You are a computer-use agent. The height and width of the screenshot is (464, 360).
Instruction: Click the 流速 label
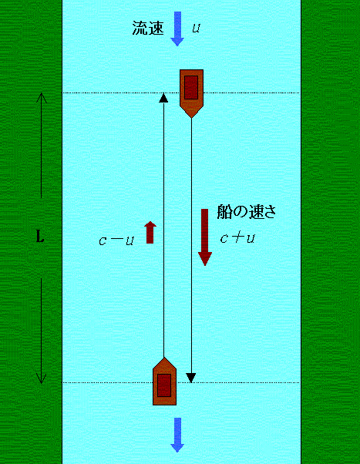pyautogui.click(x=148, y=28)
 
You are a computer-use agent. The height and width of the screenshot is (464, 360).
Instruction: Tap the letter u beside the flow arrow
pyautogui.click(x=196, y=28)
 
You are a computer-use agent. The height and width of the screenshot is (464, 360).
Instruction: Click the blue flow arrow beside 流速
pyautogui.click(x=177, y=29)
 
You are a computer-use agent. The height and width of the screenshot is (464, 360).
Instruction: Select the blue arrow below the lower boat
pyautogui.click(x=177, y=435)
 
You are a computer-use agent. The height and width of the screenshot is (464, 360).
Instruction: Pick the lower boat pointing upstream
pyautogui.click(x=164, y=381)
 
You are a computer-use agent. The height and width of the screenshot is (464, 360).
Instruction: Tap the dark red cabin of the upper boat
pyautogui.click(x=191, y=87)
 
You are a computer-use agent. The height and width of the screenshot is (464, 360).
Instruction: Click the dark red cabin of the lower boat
pyautogui.click(x=164, y=385)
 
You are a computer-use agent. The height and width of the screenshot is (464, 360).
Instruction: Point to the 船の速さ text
pyautogui.click(x=247, y=212)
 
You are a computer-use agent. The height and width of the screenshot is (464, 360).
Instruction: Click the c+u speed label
pyautogui.click(x=237, y=238)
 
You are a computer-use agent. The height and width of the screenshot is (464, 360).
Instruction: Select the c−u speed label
pyautogui.click(x=116, y=240)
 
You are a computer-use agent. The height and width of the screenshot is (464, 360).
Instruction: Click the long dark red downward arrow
pyautogui.click(x=204, y=237)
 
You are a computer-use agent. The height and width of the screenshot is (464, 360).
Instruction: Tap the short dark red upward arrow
pyautogui.click(x=150, y=232)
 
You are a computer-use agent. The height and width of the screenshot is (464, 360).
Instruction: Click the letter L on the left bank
pyautogui.click(x=40, y=236)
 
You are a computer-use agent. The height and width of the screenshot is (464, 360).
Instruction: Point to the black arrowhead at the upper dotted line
pyautogui.click(x=163, y=98)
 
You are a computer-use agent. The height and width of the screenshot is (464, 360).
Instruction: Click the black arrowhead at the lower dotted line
pyautogui.click(x=191, y=378)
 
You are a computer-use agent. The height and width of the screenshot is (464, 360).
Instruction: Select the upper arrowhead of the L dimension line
pyautogui.click(x=42, y=98)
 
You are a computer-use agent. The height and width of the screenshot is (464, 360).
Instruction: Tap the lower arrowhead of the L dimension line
pyautogui.click(x=42, y=378)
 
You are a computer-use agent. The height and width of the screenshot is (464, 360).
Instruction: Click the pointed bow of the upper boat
pyautogui.click(x=191, y=117)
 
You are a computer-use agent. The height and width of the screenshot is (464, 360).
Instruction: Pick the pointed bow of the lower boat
pyautogui.click(x=164, y=358)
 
